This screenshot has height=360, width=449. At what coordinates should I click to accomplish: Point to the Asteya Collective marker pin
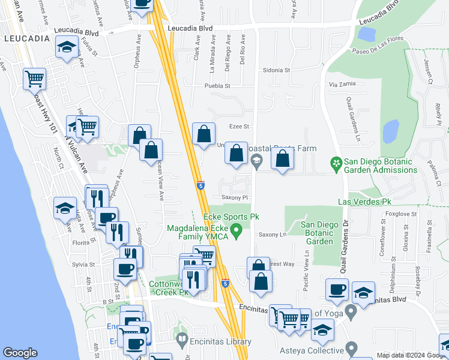coord(352,347)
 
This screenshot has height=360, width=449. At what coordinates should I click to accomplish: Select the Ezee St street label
coord(239,127)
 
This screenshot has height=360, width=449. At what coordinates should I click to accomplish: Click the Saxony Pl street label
coord(235,197)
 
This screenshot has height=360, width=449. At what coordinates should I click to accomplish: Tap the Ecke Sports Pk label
coord(231,216)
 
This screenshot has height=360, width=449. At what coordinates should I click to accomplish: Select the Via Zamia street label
coord(342,85)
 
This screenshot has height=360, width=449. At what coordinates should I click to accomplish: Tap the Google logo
coord(20,353)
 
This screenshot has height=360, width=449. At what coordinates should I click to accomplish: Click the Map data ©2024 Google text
coord(411,355)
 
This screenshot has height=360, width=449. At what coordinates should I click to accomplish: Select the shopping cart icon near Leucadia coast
coord(35,78)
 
